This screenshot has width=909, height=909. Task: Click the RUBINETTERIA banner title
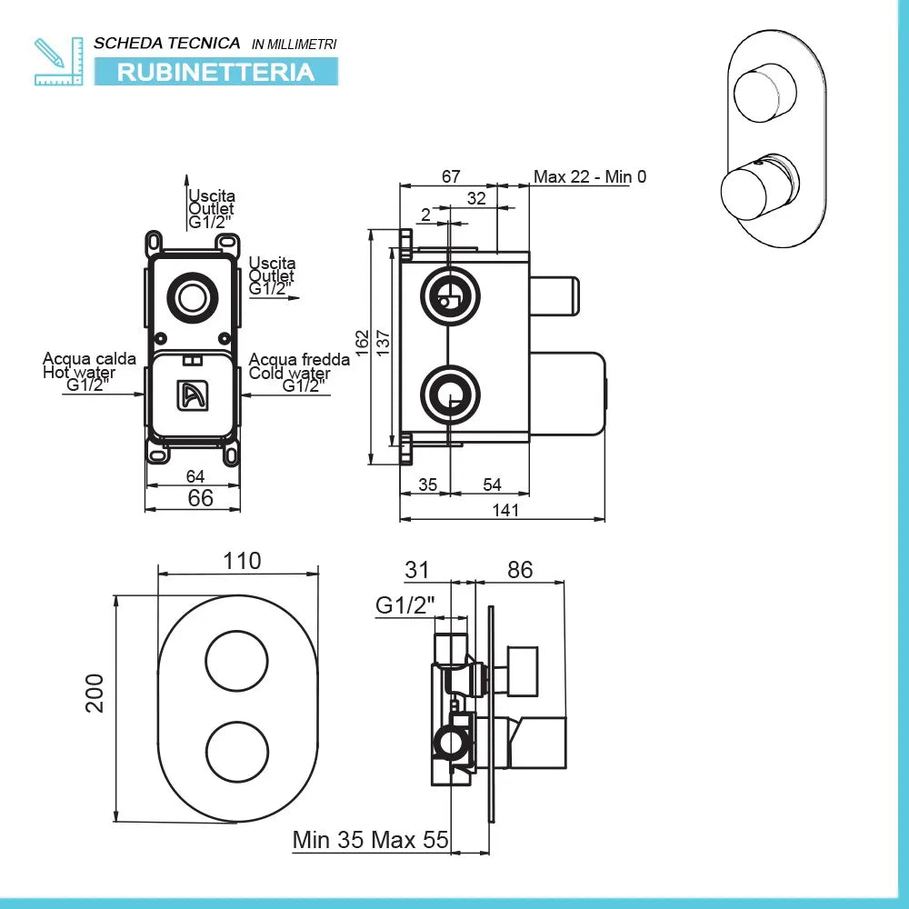click(215, 72)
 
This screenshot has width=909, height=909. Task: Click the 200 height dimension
click(95, 693)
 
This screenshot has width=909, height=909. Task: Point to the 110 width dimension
click(242, 561)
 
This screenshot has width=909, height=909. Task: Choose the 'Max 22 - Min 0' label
click(590, 176)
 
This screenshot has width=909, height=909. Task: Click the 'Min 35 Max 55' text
click(371, 840)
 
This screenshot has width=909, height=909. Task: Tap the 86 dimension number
click(519, 570)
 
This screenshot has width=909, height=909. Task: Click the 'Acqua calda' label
click(89, 358)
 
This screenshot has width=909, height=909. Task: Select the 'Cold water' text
click(289, 374)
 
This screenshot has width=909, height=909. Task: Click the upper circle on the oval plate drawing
click(238, 661)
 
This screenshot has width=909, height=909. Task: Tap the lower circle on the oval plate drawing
click(238, 748)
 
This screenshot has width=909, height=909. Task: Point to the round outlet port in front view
click(193, 298)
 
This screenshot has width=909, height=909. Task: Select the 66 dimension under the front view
click(200, 497)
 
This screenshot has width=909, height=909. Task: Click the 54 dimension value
click(492, 484)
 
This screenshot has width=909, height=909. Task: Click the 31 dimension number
click(416, 570)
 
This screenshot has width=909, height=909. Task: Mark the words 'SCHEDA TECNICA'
click(167, 43)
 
